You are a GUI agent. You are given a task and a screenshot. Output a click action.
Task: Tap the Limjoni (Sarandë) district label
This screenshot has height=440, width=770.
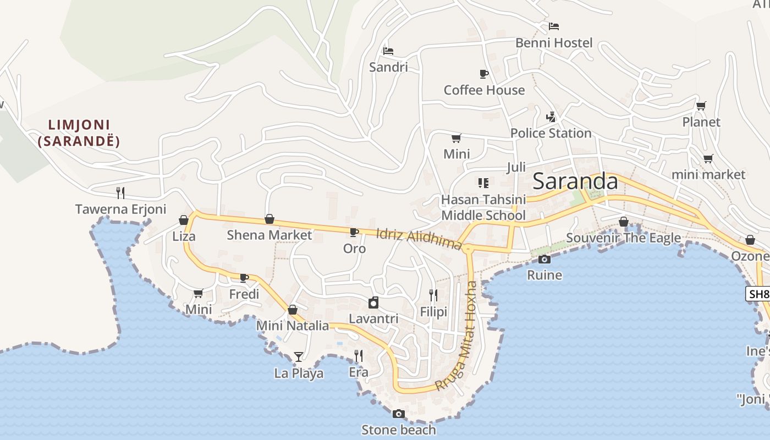pyautogui.click(x=79, y=133)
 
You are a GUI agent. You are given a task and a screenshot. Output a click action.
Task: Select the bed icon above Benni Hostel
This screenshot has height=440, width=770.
pyautogui.click(x=554, y=26)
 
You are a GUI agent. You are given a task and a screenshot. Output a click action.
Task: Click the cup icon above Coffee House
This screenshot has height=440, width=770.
pyautogui.click(x=484, y=74)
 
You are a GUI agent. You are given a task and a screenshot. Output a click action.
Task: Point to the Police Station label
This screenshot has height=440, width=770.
pyautogui.click(x=551, y=133)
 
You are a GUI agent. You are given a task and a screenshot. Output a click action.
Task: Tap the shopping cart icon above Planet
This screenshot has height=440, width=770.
pyautogui.click(x=701, y=106)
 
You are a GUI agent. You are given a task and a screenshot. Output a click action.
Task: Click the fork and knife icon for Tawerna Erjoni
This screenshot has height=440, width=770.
pyautogui.click(x=120, y=193)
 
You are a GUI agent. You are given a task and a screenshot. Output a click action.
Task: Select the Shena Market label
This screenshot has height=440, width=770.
pyautogui.click(x=269, y=235)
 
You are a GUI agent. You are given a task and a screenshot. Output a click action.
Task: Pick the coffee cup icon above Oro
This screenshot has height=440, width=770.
pyautogui.click(x=354, y=232)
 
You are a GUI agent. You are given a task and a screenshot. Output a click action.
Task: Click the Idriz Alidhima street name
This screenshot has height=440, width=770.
pyautogui.click(x=419, y=239)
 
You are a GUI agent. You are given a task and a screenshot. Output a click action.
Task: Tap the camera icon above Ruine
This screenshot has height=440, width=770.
pyautogui.click(x=544, y=259)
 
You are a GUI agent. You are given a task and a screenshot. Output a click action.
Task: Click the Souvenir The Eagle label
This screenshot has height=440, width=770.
pyautogui.click(x=623, y=238)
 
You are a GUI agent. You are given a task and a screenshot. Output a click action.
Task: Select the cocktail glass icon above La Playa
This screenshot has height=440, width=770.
pyautogui.click(x=298, y=357)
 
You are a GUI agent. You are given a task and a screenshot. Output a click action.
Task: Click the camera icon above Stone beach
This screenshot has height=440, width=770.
pyautogui.click(x=399, y=414)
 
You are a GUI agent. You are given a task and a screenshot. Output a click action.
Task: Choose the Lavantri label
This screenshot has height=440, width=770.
pyautogui.click(x=373, y=319)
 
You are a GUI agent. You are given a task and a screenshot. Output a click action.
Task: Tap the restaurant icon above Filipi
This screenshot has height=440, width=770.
pyautogui.click(x=433, y=295)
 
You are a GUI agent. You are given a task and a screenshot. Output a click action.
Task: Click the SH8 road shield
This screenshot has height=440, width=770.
pyautogui.click(x=758, y=294)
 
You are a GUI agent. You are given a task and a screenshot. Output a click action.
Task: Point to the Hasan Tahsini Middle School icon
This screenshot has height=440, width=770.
pyautogui.click(x=483, y=183)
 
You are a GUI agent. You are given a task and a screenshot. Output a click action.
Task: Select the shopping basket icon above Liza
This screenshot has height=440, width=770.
pyautogui.click(x=184, y=220)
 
